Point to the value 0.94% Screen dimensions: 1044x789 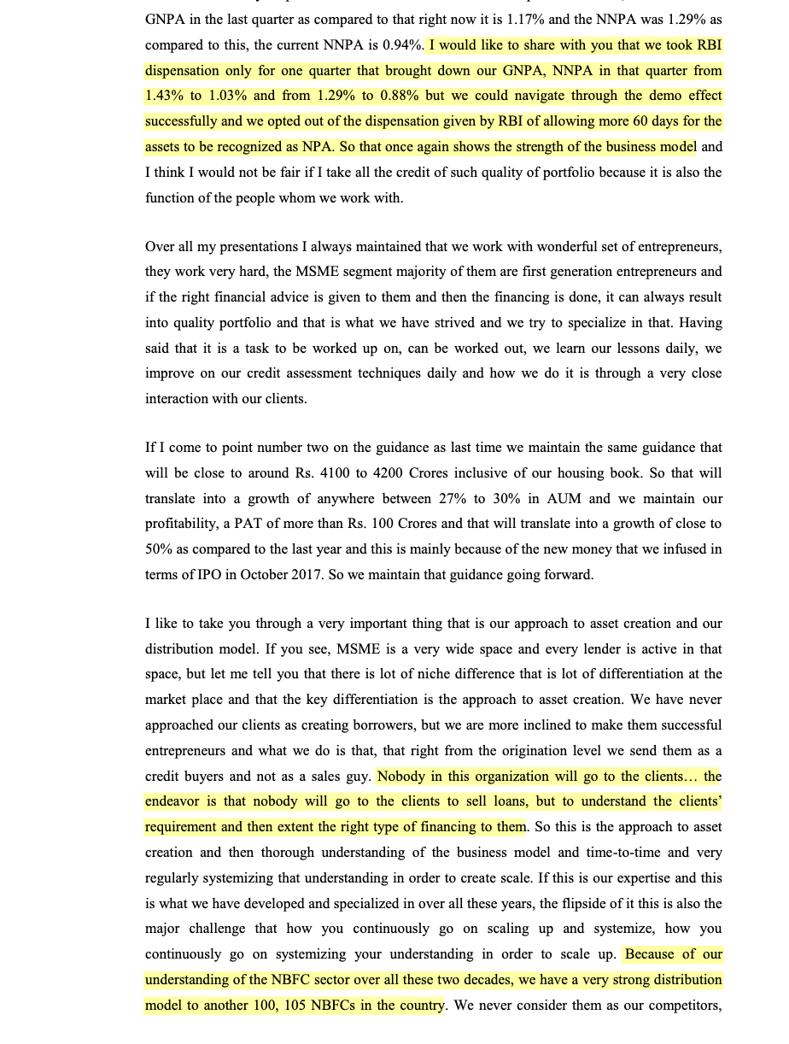point(400,44)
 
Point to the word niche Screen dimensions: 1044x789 point(420,674)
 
